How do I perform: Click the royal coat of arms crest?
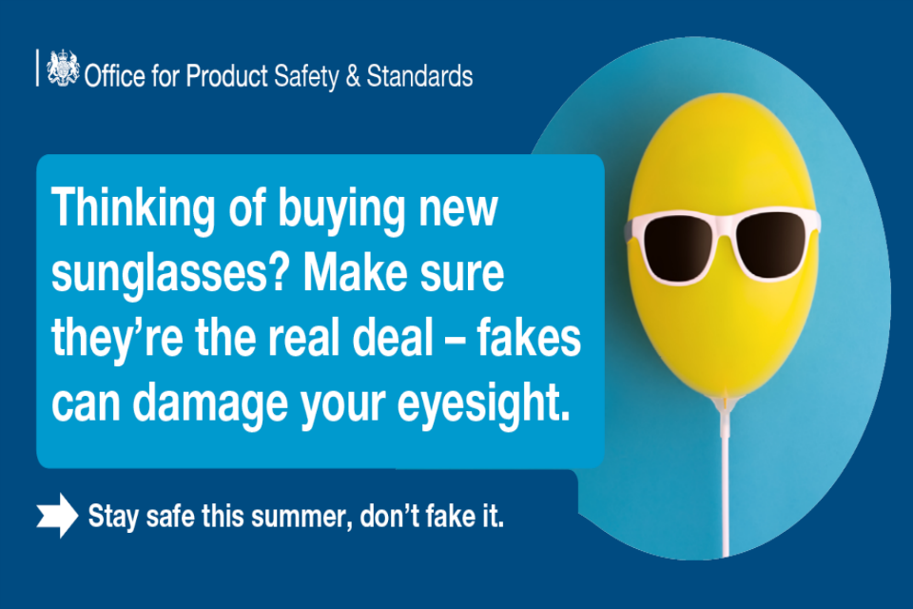[63, 69]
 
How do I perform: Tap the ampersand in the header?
[353, 77]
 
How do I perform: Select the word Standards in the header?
[419, 76]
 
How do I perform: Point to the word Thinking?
[133, 209]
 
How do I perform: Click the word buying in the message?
[341, 209]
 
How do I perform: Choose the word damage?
[210, 403]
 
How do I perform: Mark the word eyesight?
[483, 403]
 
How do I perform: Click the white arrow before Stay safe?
[57, 515]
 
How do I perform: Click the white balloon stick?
[726, 488]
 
